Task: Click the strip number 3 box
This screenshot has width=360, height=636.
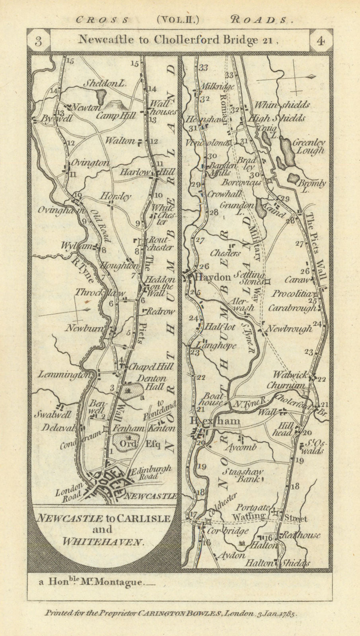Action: click(38, 41)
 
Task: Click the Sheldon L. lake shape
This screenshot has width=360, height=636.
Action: click(101, 96)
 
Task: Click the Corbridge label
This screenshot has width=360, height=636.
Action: click(230, 531)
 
